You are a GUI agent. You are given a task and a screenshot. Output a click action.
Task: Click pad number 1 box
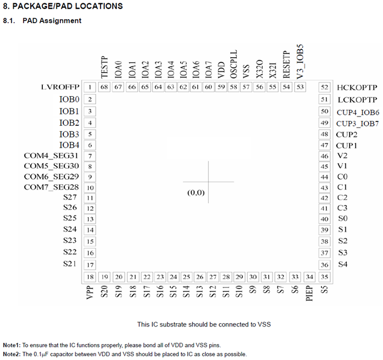pos(89,87)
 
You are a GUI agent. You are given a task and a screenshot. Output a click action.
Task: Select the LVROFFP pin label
pos(60,87)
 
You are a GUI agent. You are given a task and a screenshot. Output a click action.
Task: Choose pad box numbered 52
pos(325,87)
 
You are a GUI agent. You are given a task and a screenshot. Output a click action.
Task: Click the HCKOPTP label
pos(357,87)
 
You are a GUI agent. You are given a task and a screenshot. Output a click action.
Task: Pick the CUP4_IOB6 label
pos(358,112)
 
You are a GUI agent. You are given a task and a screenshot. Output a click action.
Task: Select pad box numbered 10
pos(89,188)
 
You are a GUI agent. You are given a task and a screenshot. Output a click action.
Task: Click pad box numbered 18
pos(89,276)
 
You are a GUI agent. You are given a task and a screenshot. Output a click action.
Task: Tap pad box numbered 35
pos(325,276)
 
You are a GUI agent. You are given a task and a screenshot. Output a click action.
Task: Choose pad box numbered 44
pos(325,177)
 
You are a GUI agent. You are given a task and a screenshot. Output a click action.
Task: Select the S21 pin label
pos(70,264)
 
